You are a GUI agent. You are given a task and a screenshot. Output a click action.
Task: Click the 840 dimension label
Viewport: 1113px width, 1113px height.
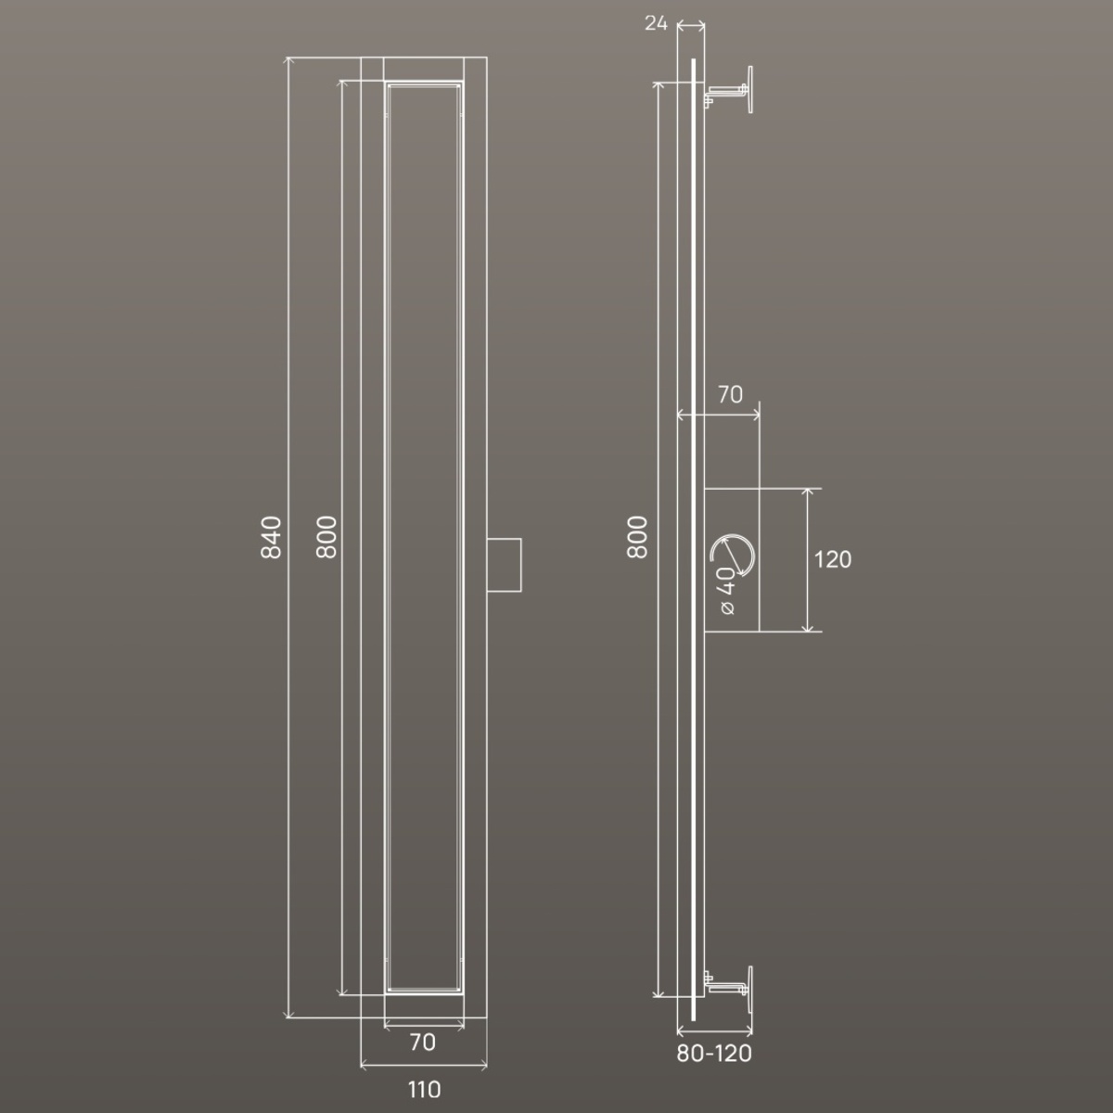[x=271, y=537]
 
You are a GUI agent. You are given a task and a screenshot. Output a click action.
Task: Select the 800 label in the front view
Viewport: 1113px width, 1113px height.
[x=326, y=537]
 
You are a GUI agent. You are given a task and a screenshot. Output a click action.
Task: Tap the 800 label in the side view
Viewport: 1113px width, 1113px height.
[x=637, y=537]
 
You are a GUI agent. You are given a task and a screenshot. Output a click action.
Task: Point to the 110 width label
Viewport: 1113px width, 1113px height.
[x=425, y=1090]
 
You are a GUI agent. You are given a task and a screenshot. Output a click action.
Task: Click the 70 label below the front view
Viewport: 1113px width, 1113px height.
[x=423, y=1043]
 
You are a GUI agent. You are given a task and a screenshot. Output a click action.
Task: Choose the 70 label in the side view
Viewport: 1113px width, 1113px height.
[x=730, y=394]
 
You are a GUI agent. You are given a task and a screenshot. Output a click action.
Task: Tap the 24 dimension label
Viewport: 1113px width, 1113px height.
[x=656, y=23]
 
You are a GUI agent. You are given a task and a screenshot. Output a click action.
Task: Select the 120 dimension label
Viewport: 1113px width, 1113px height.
[x=832, y=559]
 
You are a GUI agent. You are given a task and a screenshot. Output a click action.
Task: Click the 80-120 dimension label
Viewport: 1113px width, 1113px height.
[x=714, y=1054]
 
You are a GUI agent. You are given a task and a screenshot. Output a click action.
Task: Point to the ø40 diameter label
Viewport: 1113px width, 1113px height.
[x=726, y=590]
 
